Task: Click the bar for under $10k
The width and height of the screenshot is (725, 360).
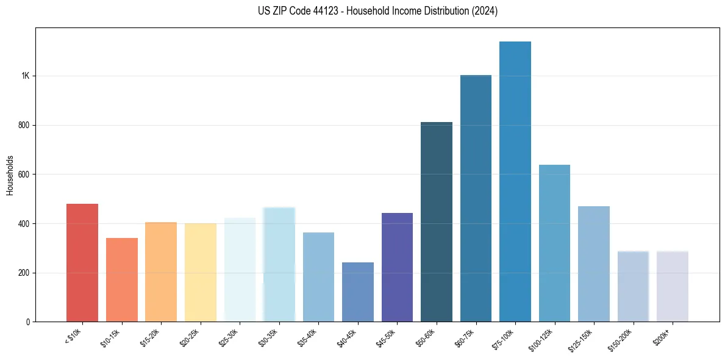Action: (x=82, y=262)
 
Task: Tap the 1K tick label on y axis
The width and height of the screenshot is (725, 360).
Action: (x=25, y=76)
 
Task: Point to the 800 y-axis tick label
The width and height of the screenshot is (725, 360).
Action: (x=24, y=125)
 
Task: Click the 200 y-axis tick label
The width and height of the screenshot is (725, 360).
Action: (x=24, y=273)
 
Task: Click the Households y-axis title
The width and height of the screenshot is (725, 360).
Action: (x=10, y=175)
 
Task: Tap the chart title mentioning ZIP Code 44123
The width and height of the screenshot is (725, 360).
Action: (x=378, y=11)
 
